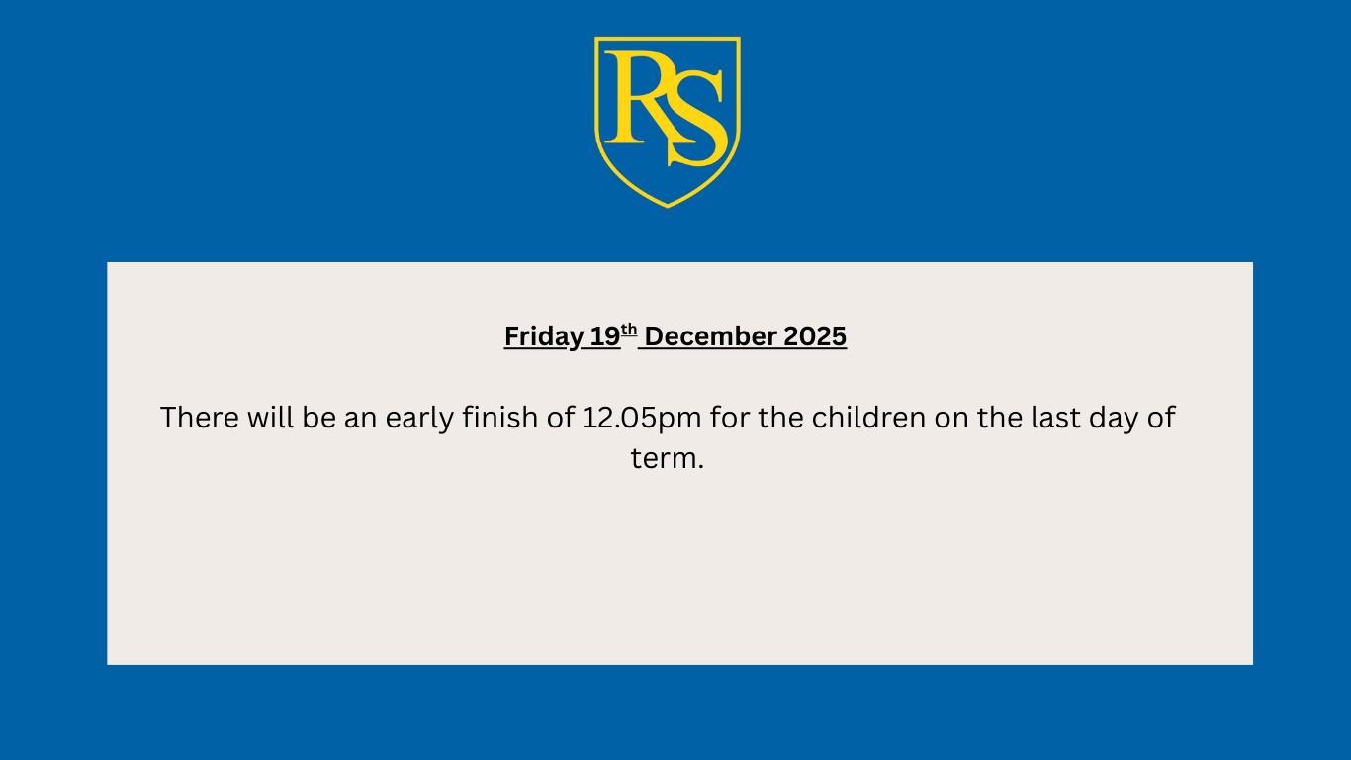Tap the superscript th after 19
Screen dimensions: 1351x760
point(629,330)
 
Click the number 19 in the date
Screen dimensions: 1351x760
point(605,336)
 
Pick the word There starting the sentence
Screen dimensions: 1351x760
point(199,418)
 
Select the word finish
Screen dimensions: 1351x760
point(500,418)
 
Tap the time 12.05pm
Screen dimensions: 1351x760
point(642,419)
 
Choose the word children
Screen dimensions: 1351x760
point(868,418)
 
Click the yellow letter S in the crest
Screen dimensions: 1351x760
point(697,119)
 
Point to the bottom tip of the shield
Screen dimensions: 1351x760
point(668,207)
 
